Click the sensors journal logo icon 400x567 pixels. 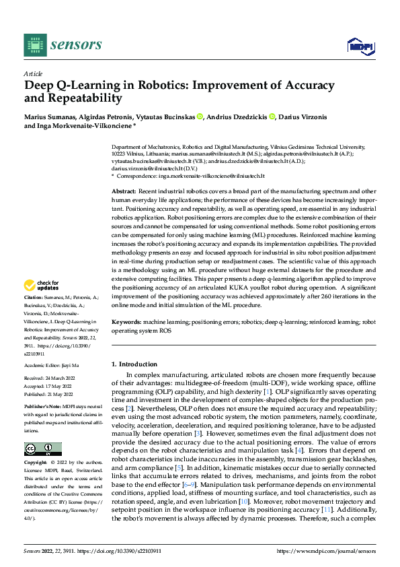pyautogui.click(x=35, y=44)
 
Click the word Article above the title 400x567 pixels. pyautogui.click(x=33, y=73)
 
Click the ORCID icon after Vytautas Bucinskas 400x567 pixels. pyautogui.click(x=200, y=116)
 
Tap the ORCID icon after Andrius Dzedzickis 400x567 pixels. pyautogui.click(x=272, y=116)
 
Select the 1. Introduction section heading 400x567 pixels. pyautogui.click(x=134, y=364)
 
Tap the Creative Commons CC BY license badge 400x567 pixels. pyautogui.click(x=42, y=449)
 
